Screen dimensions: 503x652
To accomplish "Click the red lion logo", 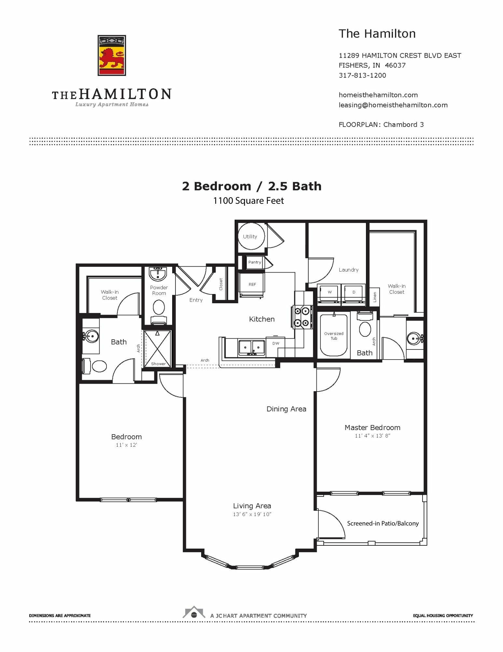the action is click(x=112, y=55).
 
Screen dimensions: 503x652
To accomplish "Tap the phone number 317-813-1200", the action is click(x=362, y=75).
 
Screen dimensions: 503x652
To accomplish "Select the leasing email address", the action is click(x=393, y=105).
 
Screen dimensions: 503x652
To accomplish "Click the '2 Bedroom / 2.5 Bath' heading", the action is click(x=252, y=186).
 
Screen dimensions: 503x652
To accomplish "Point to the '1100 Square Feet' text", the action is click(x=248, y=201).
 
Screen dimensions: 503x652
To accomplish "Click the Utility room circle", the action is click(x=251, y=236).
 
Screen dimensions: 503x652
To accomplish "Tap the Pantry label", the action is click(x=255, y=262).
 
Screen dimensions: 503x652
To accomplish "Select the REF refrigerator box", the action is click(x=252, y=285).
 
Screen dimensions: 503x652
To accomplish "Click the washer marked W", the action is click(x=329, y=292).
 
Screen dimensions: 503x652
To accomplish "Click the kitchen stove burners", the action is click(x=302, y=317).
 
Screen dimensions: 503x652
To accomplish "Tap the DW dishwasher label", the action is click(x=276, y=343).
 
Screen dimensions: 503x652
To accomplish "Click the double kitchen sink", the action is click(x=252, y=348).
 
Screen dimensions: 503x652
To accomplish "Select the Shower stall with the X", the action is click(x=158, y=349).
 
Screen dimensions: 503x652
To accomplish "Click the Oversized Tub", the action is click(x=334, y=334).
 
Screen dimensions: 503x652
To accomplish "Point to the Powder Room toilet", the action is click(x=159, y=311).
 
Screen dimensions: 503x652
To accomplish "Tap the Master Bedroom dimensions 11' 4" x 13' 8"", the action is click(x=372, y=436).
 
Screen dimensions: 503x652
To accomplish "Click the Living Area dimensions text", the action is click(x=252, y=514).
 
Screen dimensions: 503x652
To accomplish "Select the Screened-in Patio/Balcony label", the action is click(x=383, y=523).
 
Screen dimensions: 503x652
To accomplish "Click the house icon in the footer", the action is click(x=194, y=612).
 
